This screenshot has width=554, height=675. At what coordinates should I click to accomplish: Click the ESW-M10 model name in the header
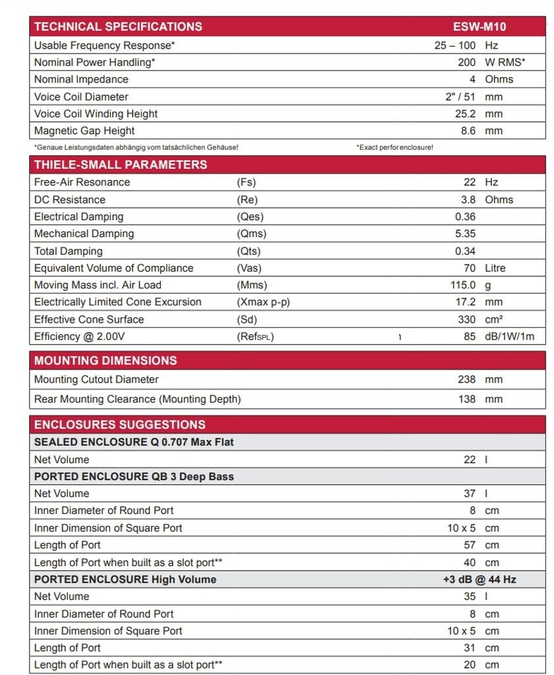[479, 27]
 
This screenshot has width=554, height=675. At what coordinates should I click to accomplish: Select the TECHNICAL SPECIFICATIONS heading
[118, 27]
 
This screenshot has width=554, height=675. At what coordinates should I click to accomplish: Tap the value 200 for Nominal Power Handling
[466, 62]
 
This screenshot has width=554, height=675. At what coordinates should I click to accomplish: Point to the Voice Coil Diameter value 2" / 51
[460, 96]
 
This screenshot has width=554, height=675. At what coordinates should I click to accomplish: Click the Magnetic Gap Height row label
[84, 131]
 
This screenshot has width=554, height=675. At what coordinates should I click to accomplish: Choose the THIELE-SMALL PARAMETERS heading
[121, 165]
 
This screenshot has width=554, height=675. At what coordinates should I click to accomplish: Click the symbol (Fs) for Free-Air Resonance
[246, 182]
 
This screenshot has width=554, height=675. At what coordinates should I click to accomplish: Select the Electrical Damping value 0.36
[465, 216]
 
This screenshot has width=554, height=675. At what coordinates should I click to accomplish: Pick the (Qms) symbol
[251, 234]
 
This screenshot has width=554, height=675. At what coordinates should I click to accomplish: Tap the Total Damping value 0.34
[465, 251]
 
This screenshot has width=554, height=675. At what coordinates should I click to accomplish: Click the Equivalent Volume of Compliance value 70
[469, 268]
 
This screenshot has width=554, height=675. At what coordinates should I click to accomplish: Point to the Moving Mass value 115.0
[463, 285]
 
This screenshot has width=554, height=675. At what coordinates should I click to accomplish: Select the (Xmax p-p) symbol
[263, 302]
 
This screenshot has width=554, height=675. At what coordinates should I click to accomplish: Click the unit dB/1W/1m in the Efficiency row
[510, 337]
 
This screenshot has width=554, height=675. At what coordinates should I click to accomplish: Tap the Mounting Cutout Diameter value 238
[466, 379]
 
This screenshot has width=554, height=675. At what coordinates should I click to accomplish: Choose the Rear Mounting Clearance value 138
[466, 399]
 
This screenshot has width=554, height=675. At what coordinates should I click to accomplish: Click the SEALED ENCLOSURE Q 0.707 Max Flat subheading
[134, 442]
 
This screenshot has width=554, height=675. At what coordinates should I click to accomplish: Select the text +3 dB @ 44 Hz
[479, 579]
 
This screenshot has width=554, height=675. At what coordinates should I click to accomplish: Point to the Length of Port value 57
[469, 545]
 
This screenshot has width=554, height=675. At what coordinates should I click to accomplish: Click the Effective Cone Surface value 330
[466, 319]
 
